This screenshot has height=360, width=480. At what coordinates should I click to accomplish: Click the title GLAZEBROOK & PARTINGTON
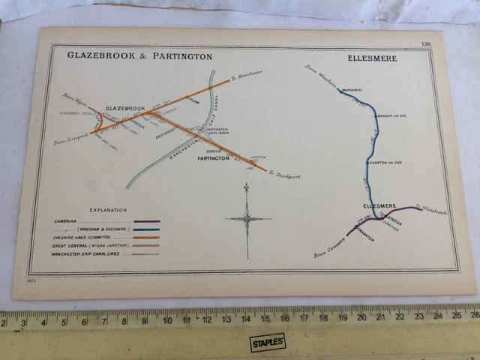(140, 56)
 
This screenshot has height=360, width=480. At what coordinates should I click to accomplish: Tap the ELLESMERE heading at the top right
(372, 58)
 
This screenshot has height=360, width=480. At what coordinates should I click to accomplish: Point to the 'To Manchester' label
(246, 74)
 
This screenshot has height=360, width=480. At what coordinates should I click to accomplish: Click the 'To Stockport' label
(286, 176)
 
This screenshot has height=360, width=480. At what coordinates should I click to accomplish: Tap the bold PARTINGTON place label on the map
(214, 160)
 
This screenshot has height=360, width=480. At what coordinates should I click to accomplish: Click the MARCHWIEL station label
(352, 90)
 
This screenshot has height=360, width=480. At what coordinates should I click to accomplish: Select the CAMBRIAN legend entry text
(67, 221)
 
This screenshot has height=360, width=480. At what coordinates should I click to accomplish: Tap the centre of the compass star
(247, 219)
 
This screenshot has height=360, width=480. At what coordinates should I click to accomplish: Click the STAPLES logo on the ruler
(267, 341)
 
